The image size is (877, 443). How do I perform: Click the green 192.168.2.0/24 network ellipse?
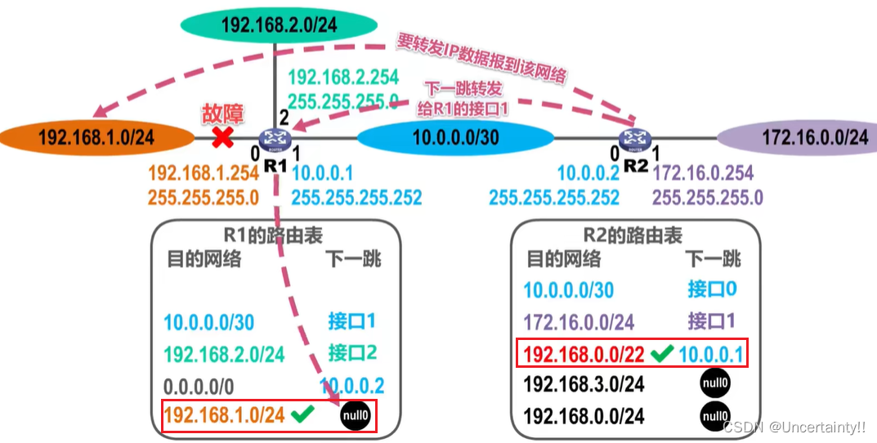point(279,25)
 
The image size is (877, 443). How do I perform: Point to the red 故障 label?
point(222,114)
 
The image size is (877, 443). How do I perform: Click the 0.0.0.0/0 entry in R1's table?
point(200,385)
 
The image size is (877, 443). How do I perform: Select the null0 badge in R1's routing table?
point(356,415)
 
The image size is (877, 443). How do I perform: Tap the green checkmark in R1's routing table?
point(303,414)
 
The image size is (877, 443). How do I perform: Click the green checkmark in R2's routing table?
point(663,353)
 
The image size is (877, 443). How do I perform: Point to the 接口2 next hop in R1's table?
point(352,352)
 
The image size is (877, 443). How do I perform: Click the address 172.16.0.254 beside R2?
point(703,172)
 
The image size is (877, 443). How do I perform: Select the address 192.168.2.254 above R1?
point(343,78)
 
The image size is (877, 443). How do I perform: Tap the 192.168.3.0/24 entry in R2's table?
point(584,383)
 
